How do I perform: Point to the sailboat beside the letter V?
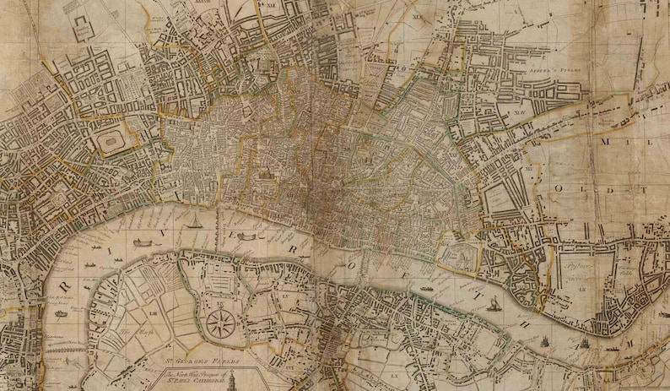(x=195, y=222)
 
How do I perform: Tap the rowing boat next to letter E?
(x=246, y=236)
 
